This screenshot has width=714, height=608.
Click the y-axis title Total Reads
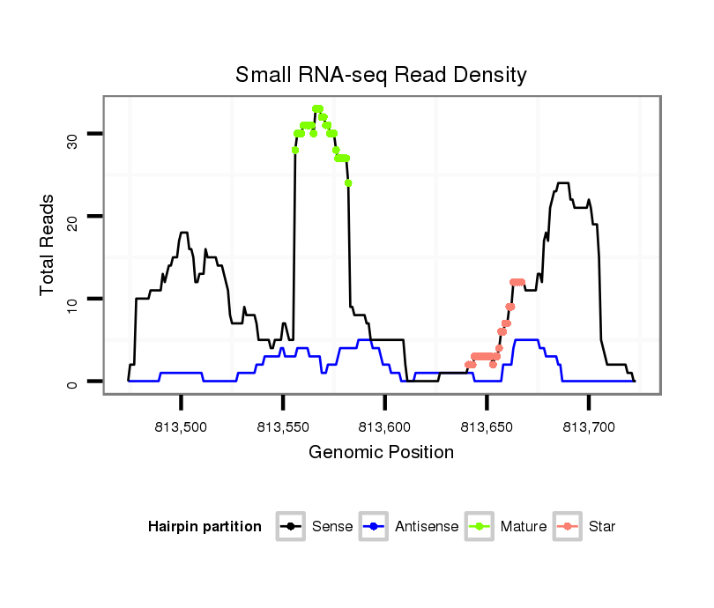point(48,245)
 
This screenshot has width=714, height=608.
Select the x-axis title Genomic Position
point(381,453)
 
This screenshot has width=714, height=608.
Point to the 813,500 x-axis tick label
point(181,427)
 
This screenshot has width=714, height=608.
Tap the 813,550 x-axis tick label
point(283,427)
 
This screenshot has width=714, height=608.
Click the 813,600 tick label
point(385,427)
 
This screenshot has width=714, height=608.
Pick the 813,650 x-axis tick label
point(487,427)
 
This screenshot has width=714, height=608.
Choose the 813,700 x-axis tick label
point(589,427)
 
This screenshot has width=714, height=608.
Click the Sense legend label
point(332,527)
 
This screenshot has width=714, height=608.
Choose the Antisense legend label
point(427,527)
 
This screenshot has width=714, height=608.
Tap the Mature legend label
point(524,527)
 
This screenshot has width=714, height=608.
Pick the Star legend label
point(602,527)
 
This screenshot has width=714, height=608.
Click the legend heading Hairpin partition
point(205,527)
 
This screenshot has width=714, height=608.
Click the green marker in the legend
point(480,527)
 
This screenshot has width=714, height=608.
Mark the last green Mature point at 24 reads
point(348,183)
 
